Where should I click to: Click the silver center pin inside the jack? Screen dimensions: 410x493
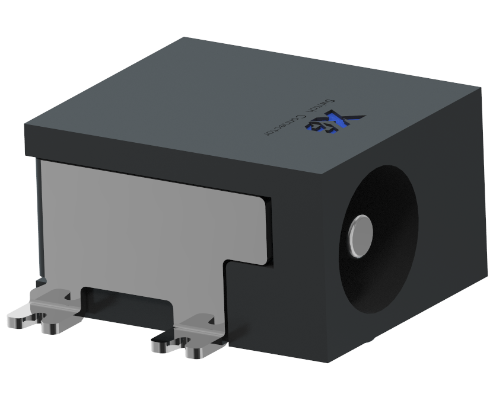360,235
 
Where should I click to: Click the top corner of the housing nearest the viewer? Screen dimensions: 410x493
326,174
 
